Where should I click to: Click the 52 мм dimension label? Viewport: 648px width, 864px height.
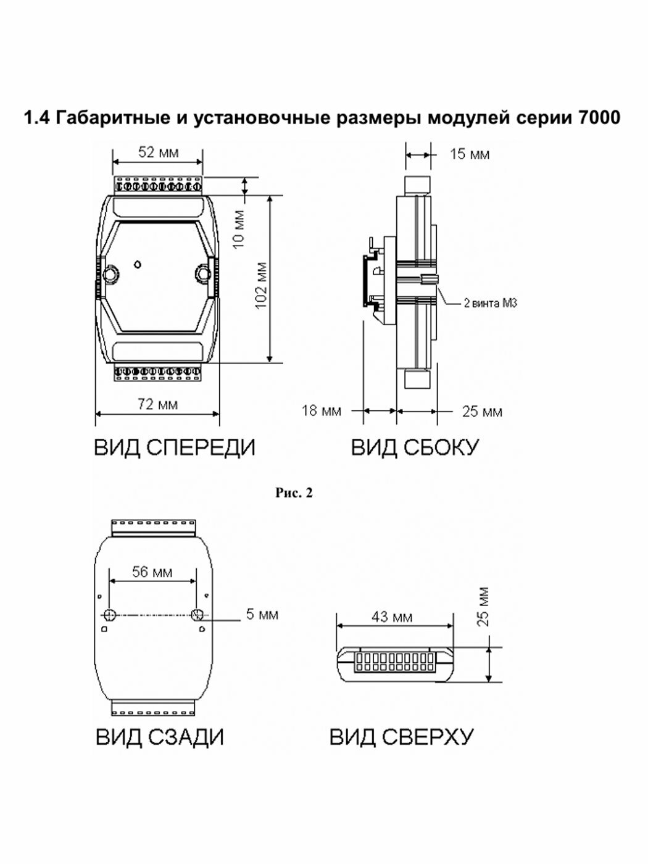coord(158,152)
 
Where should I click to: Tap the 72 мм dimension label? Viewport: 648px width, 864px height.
coord(157,404)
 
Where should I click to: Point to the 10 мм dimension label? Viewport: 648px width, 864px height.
coord(238,229)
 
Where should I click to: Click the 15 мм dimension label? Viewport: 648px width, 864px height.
coord(470,154)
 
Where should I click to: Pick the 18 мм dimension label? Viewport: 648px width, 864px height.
coord(322,410)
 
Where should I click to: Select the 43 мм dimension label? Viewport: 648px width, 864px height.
coord(392,617)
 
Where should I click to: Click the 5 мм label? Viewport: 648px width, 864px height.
coord(262,615)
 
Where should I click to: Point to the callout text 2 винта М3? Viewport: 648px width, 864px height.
coord(490,303)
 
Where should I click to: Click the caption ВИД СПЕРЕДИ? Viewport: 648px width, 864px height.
coord(175,447)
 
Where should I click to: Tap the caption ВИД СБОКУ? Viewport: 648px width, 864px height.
coord(415,447)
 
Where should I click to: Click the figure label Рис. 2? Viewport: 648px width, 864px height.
coord(294,493)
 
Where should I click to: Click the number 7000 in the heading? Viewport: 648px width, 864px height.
coord(599,118)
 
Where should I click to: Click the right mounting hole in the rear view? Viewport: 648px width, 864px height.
coord(196,615)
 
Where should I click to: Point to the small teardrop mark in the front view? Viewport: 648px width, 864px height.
coord(137,264)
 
